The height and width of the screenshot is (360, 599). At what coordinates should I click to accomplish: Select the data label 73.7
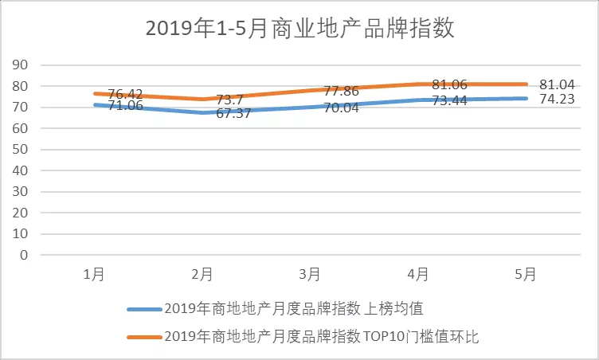coord(231,99)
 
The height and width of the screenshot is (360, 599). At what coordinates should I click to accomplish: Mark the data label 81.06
coord(449,84)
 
